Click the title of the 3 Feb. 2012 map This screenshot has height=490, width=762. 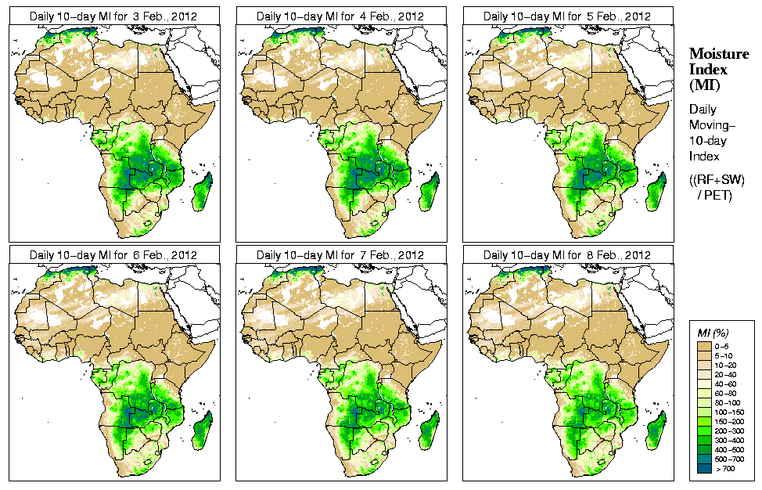[x=113, y=16]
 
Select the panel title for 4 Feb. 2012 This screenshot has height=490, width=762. [x=340, y=16]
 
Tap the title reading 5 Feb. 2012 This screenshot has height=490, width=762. [x=567, y=16]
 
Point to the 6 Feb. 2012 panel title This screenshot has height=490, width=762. [x=113, y=255]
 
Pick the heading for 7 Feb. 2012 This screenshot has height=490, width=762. [x=340, y=255]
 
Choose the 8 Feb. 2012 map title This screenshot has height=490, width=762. [x=567, y=255]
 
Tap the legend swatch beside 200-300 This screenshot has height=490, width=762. [x=704, y=430]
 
